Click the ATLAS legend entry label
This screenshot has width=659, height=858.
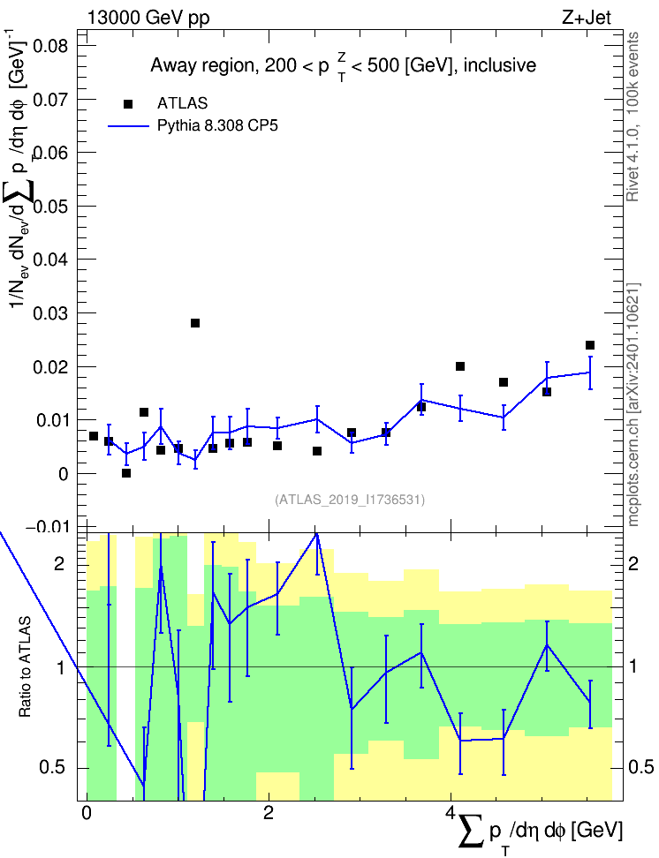[x=182, y=103]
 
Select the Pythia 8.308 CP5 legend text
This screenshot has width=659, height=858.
[x=217, y=125]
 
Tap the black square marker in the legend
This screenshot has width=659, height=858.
[x=128, y=104]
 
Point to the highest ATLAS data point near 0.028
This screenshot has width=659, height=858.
[x=195, y=323]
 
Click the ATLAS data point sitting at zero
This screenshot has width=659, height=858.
[x=126, y=473]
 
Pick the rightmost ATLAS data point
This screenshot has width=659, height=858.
[x=590, y=345]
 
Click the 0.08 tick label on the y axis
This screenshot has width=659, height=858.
[x=50, y=46]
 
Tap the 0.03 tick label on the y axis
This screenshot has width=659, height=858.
[x=50, y=313]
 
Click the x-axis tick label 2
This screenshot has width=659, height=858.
[x=269, y=812]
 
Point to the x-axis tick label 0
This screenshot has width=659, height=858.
[x=87, y=812]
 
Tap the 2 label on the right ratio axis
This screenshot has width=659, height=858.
[x=633, y=563]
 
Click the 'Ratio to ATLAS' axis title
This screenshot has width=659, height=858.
[x=26, y=666]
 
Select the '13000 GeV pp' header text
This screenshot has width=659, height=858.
[x=148, y=18]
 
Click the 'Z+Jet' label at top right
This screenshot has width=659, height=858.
[x=587, y=18]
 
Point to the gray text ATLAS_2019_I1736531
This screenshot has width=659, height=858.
[x=350, y=499]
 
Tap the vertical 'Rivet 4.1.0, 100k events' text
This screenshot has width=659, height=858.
[x=632, y=117]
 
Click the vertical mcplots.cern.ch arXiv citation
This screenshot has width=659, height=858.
[x=633, y=404]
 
